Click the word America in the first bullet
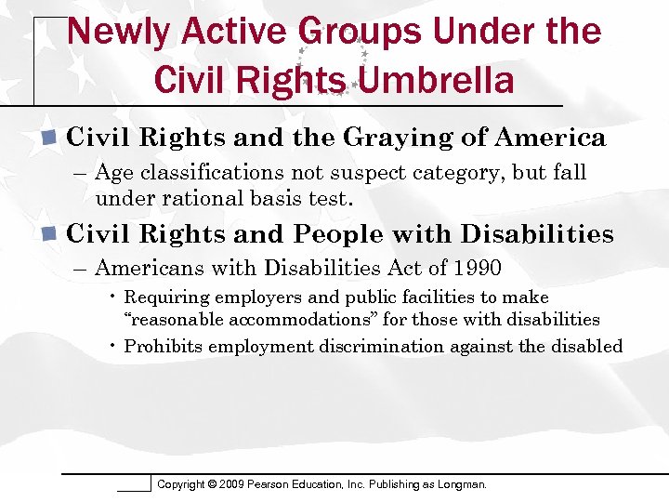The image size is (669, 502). (x=550, y=138)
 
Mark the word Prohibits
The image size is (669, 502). (x=164, y=347)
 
